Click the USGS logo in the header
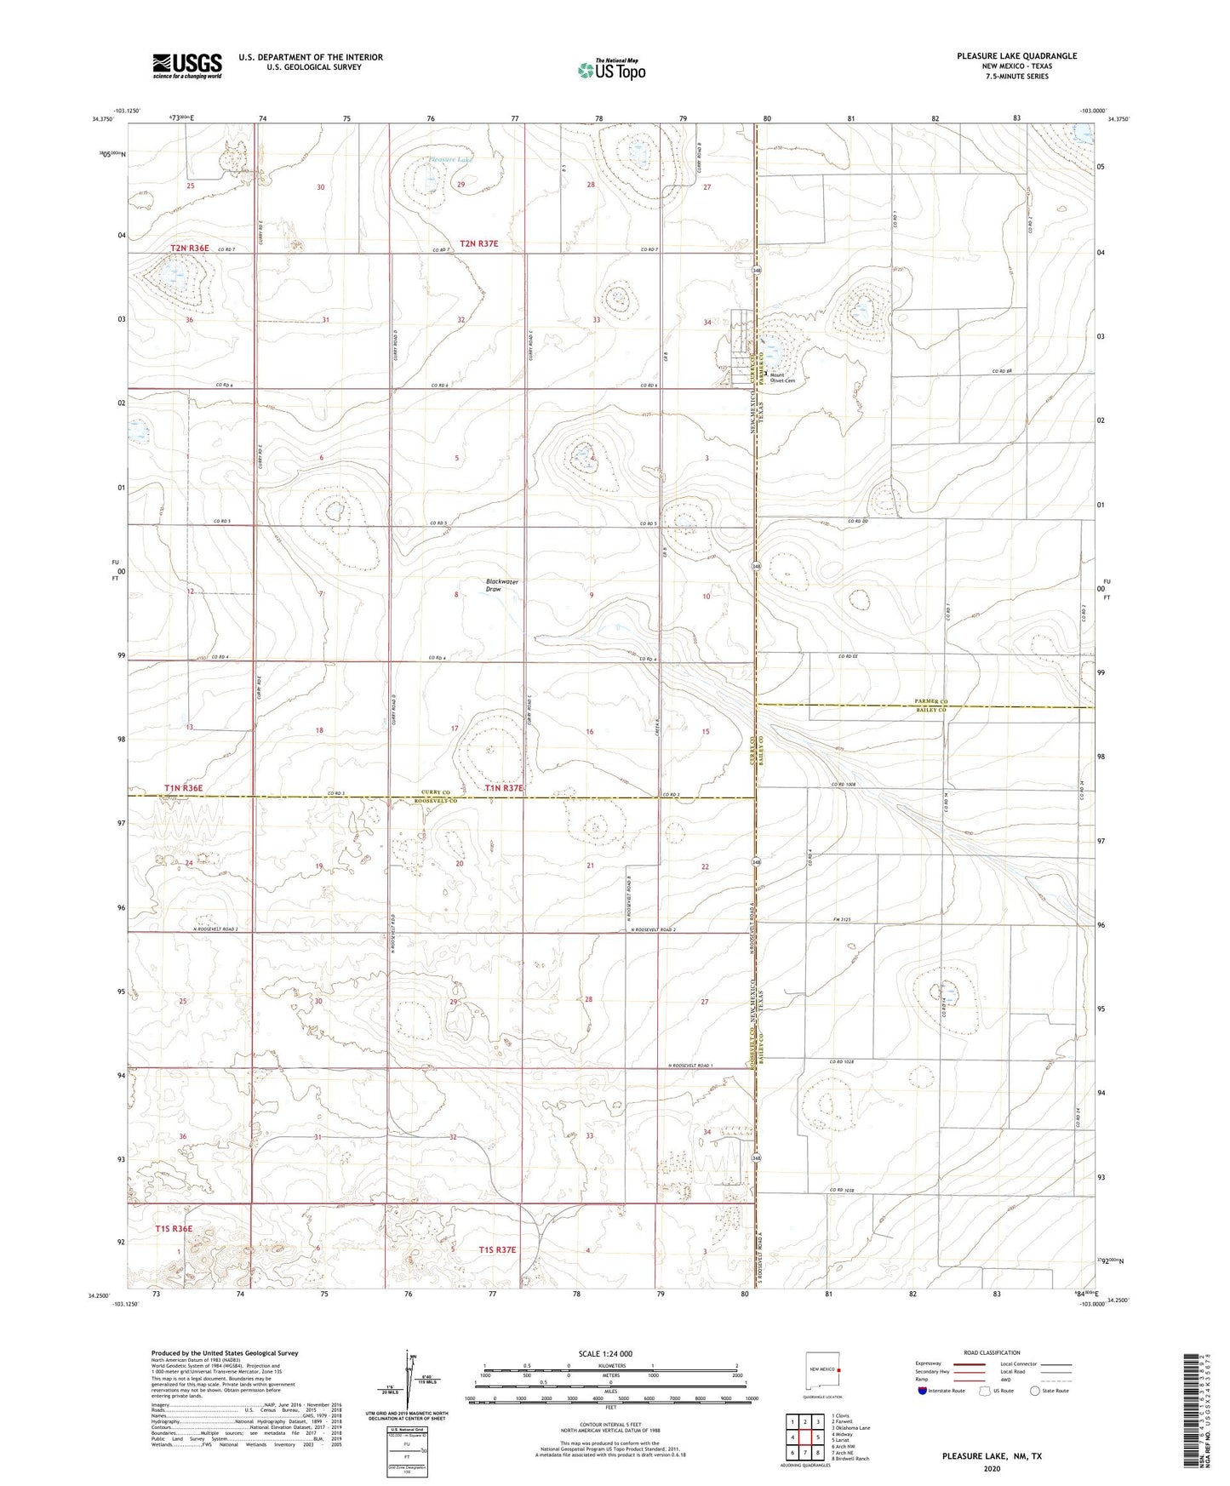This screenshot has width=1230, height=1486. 187,65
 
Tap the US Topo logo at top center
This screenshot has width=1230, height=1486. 610,70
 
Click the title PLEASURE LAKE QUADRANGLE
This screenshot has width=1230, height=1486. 1016,56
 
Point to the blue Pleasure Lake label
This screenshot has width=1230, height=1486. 450,159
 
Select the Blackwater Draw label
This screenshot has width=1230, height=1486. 501,586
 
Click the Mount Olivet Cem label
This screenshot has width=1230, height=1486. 781,378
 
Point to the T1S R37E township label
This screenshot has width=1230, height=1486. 498,1249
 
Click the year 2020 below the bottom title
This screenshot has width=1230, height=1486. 992,1468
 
